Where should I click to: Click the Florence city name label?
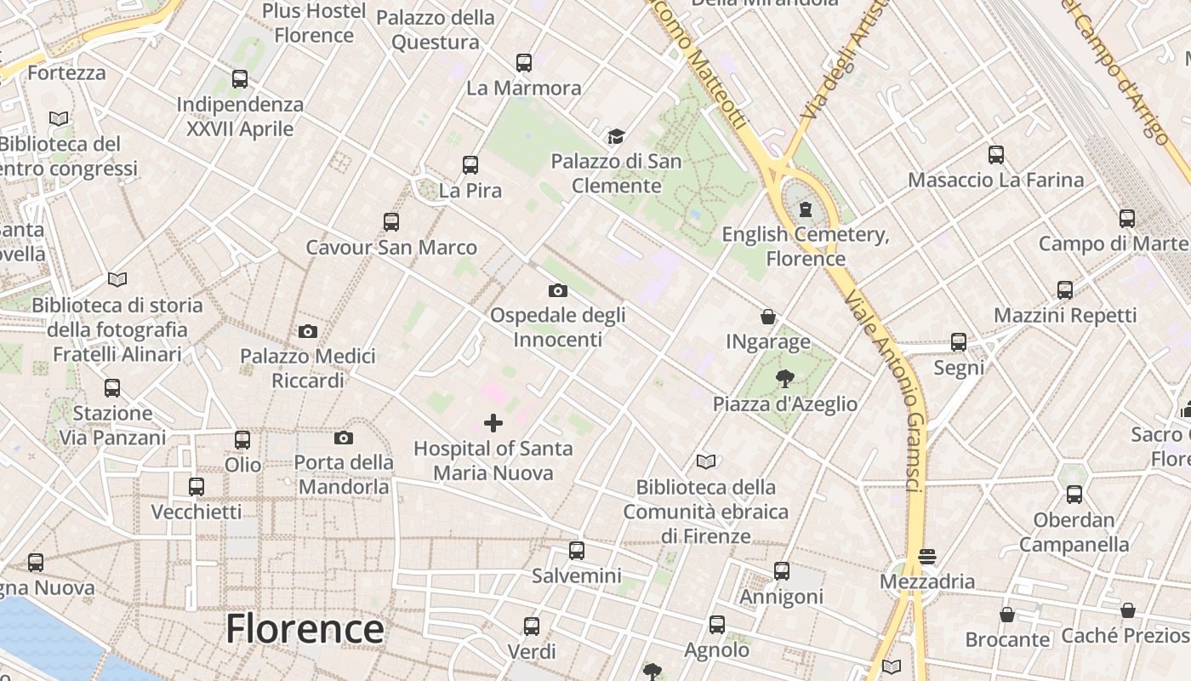point(305,629)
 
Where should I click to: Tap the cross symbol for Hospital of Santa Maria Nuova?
point(493,423)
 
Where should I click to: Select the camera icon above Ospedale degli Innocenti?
point(558,290)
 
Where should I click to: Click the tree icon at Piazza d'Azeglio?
point(784,379)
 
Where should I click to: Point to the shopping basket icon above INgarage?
point(768,317)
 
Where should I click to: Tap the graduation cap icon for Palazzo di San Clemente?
point(616,136)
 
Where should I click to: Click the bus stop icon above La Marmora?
point(524,62)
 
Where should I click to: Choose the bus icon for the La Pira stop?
point(470,164)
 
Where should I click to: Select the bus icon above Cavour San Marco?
point(391,222)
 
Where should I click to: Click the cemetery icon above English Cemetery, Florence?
point(805,209)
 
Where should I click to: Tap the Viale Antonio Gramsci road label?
point(892,391)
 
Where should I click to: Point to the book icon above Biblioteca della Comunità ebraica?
point(706,462)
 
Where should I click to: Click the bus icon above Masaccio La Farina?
point(996,155)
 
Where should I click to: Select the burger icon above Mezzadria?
point(927,557)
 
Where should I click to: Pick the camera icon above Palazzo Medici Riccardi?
point(308,331)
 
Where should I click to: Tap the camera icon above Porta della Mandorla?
point(344,438)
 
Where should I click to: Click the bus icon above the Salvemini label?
point(577,551)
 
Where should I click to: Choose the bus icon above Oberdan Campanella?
point(1074,495)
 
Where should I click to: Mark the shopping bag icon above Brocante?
point(1007,614)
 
